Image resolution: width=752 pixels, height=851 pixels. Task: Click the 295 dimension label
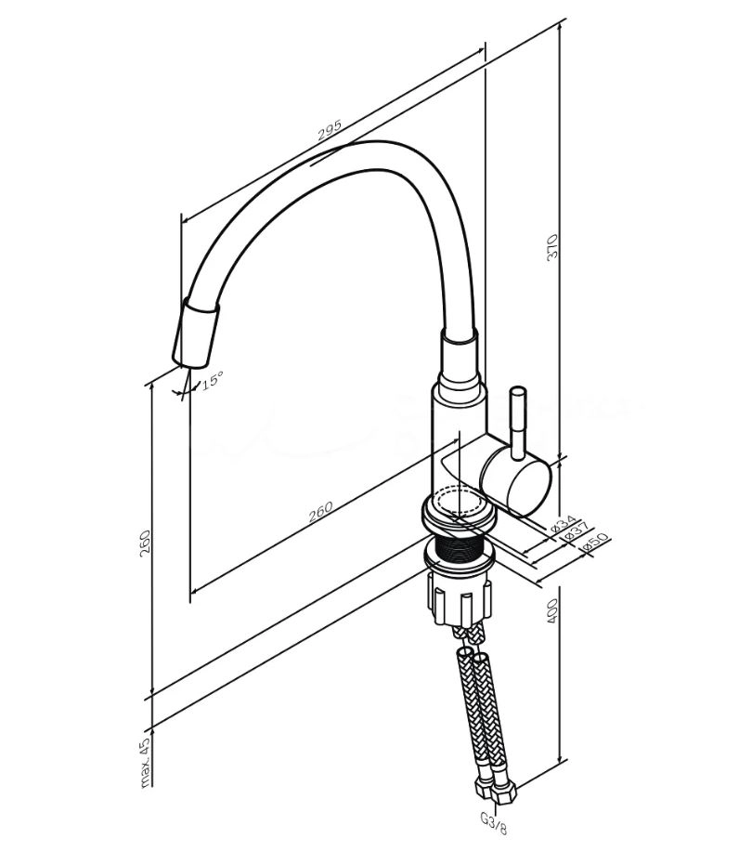tap(330, 130)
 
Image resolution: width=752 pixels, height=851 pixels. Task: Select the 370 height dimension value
tap(552, 247)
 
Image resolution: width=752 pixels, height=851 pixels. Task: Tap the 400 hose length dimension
tap(552, 610)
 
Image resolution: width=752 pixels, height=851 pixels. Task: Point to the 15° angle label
tap(212, 380)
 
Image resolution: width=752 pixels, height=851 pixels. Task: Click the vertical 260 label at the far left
tap(145, 543)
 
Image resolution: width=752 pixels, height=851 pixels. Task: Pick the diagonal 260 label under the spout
tap(320, 511)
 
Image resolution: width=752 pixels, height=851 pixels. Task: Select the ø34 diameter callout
tap(563, 523)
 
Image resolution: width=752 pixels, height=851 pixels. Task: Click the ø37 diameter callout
tap(577, 531)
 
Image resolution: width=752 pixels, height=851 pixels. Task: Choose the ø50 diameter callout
tap(595, 543)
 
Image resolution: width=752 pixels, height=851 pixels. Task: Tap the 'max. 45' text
tap(146, 763)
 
